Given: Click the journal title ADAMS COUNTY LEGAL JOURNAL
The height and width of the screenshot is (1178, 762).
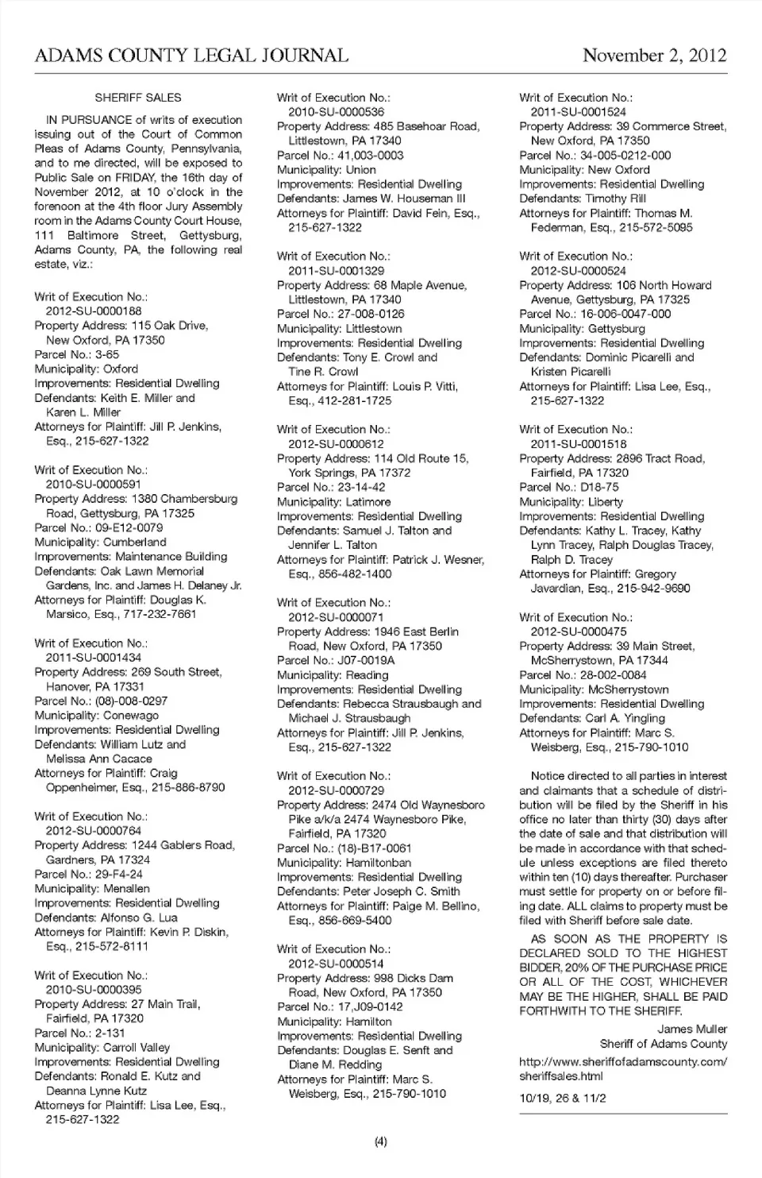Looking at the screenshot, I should pos(191,56).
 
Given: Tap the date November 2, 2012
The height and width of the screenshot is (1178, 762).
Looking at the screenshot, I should pos(654,56).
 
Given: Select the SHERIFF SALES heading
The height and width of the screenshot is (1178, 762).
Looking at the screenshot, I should pos(138,98).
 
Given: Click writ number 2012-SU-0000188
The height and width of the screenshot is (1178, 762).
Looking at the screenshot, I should pos(94,311).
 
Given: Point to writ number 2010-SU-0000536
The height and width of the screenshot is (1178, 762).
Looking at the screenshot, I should pos(336,112).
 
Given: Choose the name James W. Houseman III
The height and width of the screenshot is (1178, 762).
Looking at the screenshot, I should pos(405,199).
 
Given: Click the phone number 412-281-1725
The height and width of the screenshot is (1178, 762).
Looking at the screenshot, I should pos(352,400).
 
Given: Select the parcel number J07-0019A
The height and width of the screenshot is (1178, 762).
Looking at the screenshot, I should pos(367,660).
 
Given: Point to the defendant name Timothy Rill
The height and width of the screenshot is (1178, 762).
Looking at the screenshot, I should pos(616,199).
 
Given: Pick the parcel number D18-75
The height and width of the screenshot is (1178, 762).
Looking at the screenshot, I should pos(599,487).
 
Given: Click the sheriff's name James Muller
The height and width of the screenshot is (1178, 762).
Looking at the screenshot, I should pos(692,1029).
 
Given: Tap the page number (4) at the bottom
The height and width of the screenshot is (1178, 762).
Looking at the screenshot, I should pos(380,1142).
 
